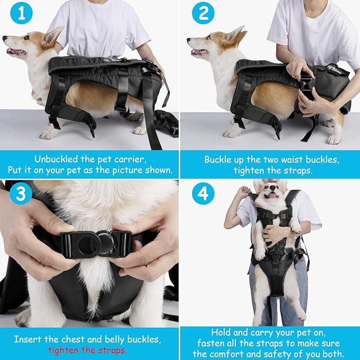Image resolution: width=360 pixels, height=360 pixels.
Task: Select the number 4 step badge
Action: pyautogui.click(x=203, y=194)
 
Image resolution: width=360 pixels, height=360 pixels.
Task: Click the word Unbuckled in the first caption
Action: pyautogui.click(x=57, y=159)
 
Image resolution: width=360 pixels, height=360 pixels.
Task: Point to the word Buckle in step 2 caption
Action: pyautogui.click(x=218, y=159)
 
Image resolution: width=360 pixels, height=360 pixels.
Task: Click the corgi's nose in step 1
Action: pyautogui.click(x=5, y=39)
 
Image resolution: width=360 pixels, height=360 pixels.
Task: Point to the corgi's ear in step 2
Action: pyautogui.click(x=234, y=34)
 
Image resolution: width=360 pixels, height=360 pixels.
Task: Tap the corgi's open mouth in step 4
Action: pyautogui.click(x=272, y=195)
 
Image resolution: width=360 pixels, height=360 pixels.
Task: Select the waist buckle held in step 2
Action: pyautogui.click(x=306, y=84)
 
